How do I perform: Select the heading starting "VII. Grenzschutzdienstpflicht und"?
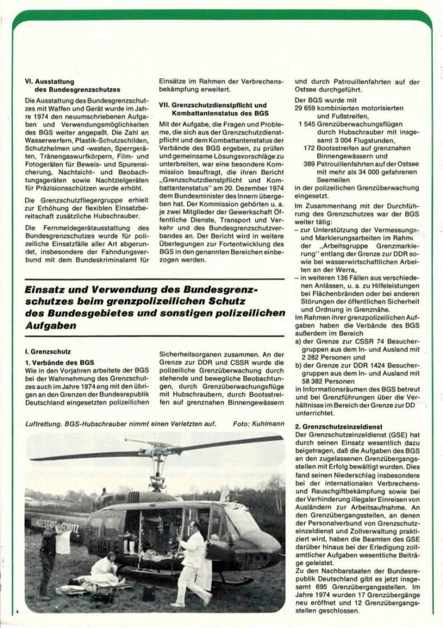tap(213, 106)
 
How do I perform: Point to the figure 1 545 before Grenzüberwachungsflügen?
tap(310, 124)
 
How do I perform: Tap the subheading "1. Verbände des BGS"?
tap(59, 362)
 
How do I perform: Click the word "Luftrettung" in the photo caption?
tap(46, 423)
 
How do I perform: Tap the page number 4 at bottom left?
tap(18, 611)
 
